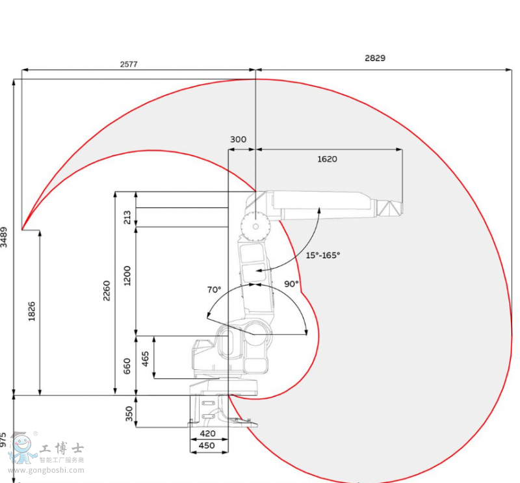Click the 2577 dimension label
[129, 64]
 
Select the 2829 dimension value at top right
[374, 58]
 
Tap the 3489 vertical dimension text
[5, 237]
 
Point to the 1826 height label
[32, 311]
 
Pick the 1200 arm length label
[127, 276]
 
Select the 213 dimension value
[127, 216]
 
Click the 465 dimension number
[146, 358]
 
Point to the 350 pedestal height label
[129, 413]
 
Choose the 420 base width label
[207, 434]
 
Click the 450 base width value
[207, 445]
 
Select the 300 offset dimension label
[239, 140]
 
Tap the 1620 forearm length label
[327, 159]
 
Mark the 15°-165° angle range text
[323, 255]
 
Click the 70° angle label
[214, 289]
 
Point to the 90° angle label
[291, 283]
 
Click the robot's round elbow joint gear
[253, 228]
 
